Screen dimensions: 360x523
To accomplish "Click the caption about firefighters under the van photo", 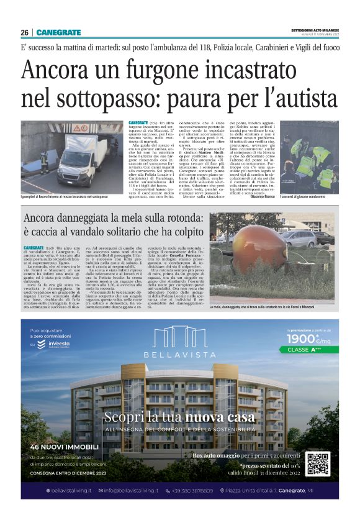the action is (64, 197).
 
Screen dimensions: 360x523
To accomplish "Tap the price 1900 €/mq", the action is (308, 339).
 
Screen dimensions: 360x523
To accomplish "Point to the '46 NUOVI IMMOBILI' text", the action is (64, 446).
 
